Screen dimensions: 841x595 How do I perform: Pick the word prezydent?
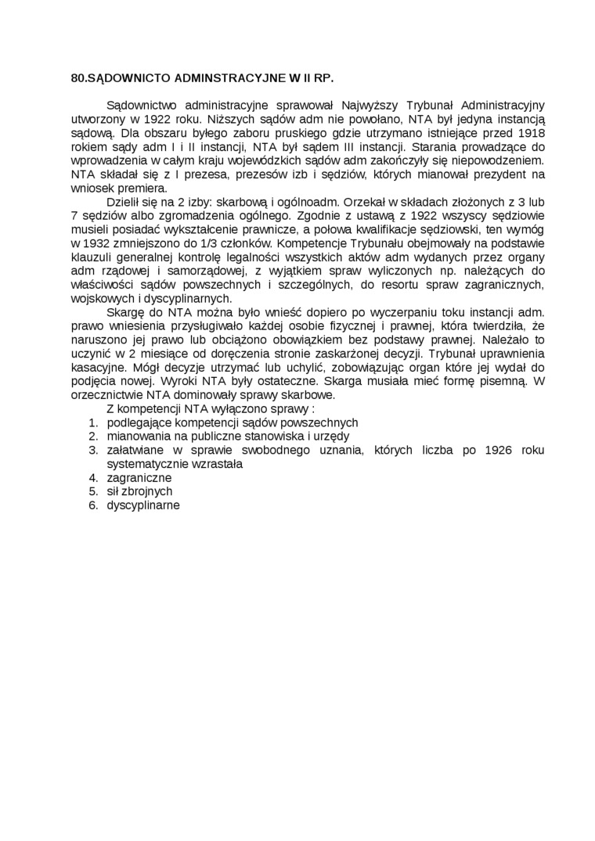[x=496, y=174]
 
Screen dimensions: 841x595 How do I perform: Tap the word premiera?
[x=142, y=188]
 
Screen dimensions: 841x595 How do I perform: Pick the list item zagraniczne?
[x=139, y=478]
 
